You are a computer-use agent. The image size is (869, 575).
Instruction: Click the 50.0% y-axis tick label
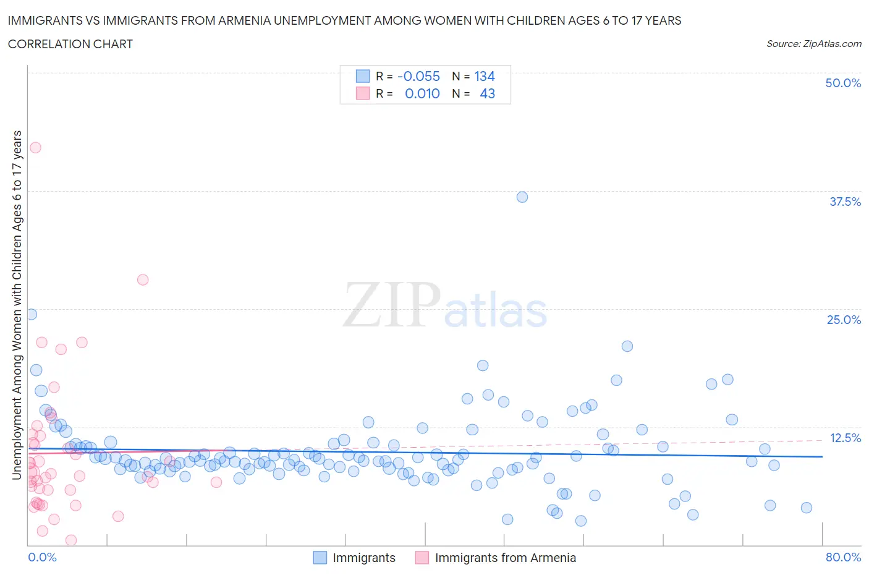pos(842,83)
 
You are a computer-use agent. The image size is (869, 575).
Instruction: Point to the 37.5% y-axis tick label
pos(845,202)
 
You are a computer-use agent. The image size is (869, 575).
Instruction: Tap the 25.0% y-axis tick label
pos(844,320)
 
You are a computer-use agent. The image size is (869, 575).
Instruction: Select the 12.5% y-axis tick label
pos(845,438)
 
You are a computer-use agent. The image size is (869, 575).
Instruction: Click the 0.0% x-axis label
pos(43,557)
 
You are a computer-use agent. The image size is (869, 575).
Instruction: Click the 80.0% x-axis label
pos(843,557)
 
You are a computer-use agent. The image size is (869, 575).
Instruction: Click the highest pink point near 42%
pos(35,147)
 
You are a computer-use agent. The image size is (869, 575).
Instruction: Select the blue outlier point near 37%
pos(522,197)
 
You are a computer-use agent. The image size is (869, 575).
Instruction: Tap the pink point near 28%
pos(143,279)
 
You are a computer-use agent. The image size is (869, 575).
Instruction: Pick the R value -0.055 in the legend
pos(418,76)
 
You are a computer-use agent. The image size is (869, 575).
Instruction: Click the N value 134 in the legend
pos(485,76)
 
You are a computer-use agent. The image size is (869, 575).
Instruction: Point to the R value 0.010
pos(422,93)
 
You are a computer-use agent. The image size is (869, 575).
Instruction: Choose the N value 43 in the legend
pos(487,93)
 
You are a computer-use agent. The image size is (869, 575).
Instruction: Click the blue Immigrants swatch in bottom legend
pos(320,558)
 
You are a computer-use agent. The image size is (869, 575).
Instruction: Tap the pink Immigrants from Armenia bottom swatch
pos(422,558)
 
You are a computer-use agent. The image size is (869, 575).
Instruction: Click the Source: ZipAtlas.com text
pos(813,43)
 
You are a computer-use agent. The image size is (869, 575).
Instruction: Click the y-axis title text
pos(17,305)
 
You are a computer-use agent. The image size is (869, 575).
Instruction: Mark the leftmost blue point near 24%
pos(31,314)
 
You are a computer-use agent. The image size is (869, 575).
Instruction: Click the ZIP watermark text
pos(392,305)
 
